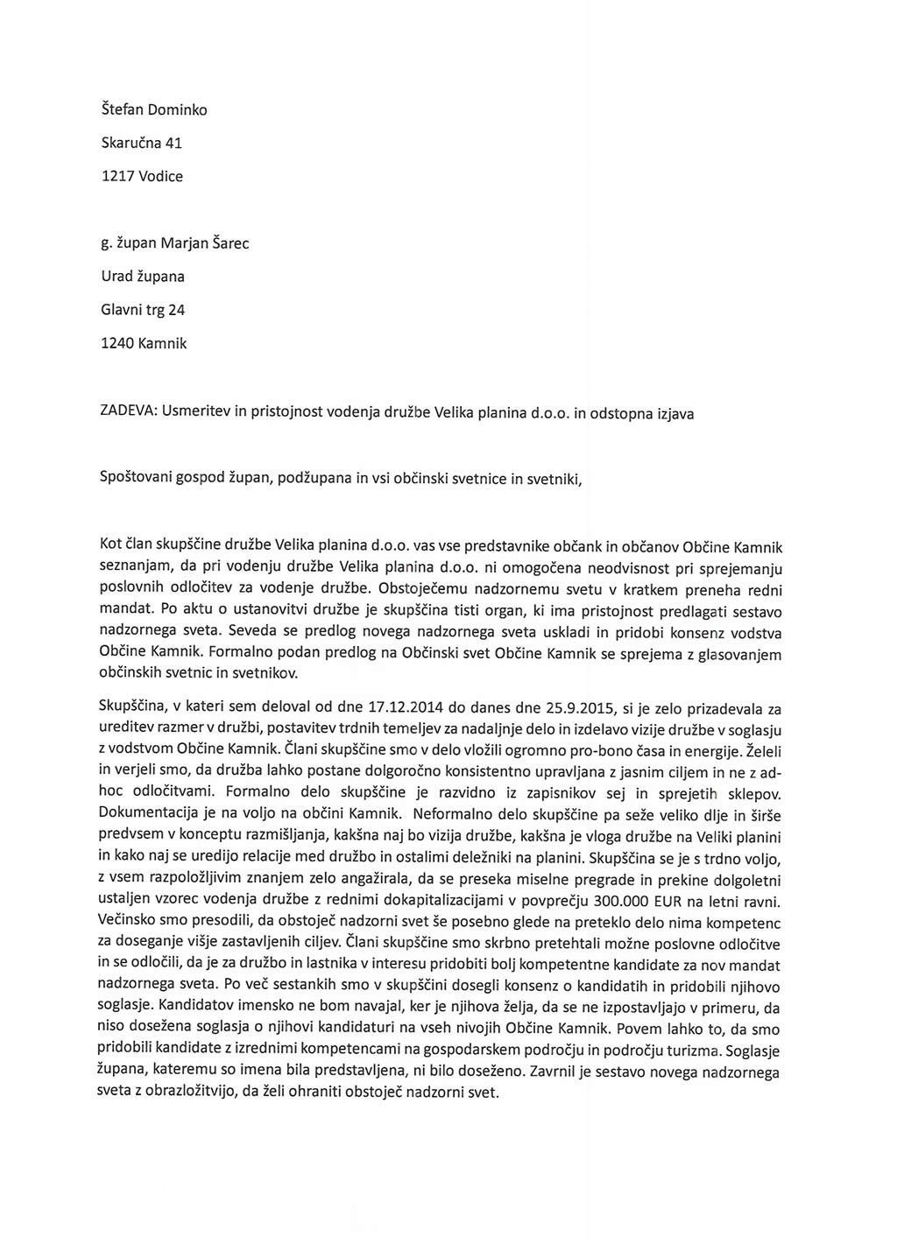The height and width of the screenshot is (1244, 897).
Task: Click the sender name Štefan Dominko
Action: pyautogui.click(x=154, y=109)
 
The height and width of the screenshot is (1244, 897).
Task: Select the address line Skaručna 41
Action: pyautogui.click(x=142, y=143)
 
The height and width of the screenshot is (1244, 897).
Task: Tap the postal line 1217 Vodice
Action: pyautogui.click(x=142, y=176)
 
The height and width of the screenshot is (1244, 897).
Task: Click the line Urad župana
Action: pyautogui.click(x=143, y=276)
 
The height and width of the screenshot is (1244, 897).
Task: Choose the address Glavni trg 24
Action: pyautogui.click(x=143, y=309)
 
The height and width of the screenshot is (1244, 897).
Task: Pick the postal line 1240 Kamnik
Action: pyautogui.click(x=144, y=343)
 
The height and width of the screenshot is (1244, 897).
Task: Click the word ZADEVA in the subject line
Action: pyautogui.click(x=127, y=411)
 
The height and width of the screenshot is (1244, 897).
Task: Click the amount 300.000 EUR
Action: pyautogui.click(x=634, y=902)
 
